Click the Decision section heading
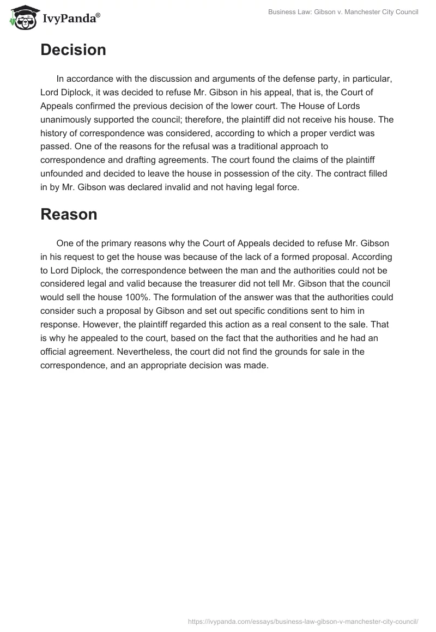73,50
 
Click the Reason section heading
69,214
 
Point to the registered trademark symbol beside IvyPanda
98,15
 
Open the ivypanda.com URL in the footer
303,621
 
